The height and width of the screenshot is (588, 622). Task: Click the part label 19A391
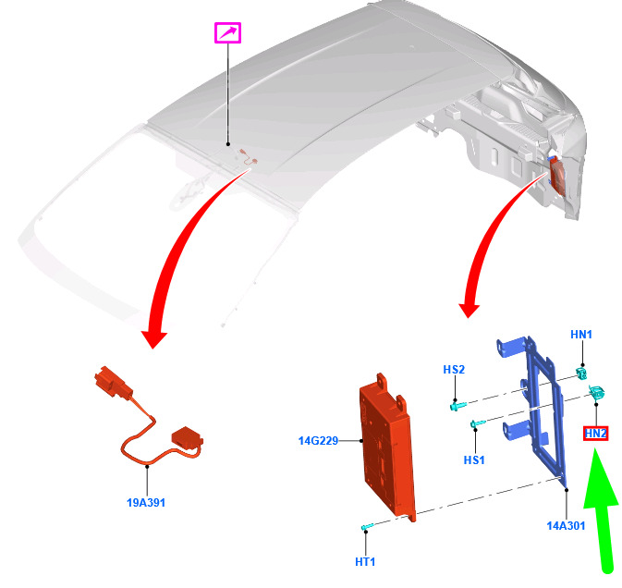146,503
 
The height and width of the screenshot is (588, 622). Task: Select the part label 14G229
318,441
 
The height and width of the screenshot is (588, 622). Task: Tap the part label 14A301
566,526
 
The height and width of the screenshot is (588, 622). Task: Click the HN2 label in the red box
595,434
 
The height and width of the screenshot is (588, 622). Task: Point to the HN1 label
581,335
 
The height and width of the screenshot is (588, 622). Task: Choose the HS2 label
454,370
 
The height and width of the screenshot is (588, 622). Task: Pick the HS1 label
474,459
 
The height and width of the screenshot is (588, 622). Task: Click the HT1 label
365,562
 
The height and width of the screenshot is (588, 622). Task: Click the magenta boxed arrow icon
227,33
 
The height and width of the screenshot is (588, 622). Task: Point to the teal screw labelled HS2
458,406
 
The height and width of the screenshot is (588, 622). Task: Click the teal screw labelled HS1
478,424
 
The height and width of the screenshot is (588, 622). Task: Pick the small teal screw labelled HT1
367,526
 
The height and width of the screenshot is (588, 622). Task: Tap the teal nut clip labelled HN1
582,373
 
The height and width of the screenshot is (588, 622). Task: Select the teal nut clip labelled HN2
597,392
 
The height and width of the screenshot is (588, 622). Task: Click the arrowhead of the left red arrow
154,338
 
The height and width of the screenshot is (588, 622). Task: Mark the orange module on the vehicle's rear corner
556,175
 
